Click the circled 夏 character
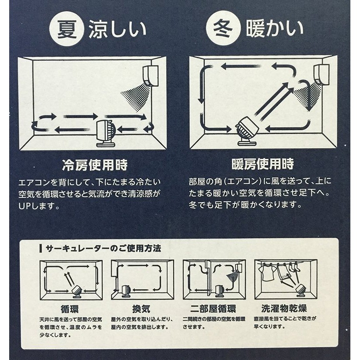pyautogui.click(x=66, y=29)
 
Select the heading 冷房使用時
pyautogui.click(x=95, y=165)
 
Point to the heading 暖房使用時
pyautogui.click(x=263, y=164)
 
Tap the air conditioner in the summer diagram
pyautogui.click(x=151, y=76)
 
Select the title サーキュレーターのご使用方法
pyautogui.click(x=103, y=248)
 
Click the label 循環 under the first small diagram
pyautogui.click(x=70, y=309)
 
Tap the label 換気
pyautogui.click(x=141, y=309)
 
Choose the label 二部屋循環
pyautogui.click(x=213, y=309)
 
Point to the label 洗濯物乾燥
pyautogui.click(x=284, y=308)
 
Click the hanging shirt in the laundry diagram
pyautogui.click(x=267, y=273)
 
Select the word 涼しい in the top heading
pyautogui.click(x=117, y=29)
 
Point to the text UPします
pyautogui.click(x=39, y=206)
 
